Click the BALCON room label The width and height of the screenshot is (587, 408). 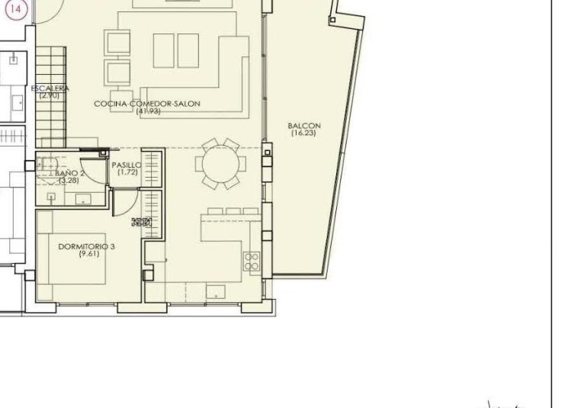[x=304, y=126]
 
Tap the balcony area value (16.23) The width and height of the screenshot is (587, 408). [x=303, y=133]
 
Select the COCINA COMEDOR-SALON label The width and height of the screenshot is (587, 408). [x=147, y=104]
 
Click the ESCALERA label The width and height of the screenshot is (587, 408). [x=50, y=88]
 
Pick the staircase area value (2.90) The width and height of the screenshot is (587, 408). [x=50, y=95]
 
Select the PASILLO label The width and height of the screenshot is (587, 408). [x=126, y=165]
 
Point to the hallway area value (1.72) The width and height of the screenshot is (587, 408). [x=126, y=172]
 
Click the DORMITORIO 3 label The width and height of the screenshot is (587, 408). [x=86, y=246]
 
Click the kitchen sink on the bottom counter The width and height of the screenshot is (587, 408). [x=217, y=291]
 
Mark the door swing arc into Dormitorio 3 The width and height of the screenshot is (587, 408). [x=130, y=200]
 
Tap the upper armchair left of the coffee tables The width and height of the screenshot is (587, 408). [x=117, y=41]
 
